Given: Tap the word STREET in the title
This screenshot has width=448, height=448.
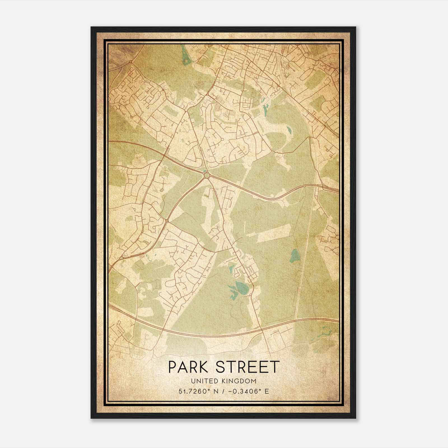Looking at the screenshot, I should tap(248, 367).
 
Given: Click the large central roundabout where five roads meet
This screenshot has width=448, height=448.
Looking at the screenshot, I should tap(207, 175).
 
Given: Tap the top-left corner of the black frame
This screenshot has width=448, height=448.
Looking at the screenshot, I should tap(92, 27).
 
